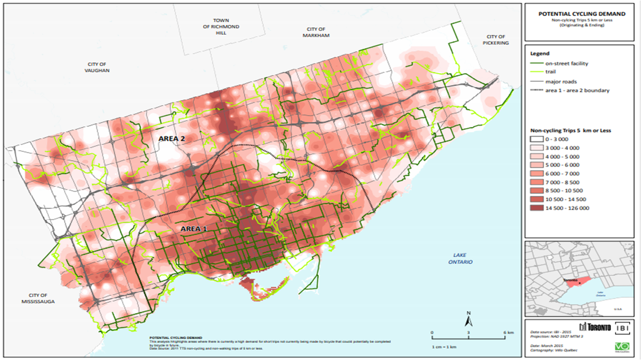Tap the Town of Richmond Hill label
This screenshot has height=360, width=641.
point(225,26)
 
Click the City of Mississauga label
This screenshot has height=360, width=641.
point(39,298)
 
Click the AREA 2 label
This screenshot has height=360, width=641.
point(171,138)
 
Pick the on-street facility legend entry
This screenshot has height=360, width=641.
point(567,64)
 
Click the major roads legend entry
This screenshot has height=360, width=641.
point(561,81)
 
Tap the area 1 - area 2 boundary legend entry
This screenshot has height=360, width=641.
point(577,90)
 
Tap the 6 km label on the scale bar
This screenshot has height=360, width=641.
point(508,333)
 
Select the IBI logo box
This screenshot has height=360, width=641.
point(623,326)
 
